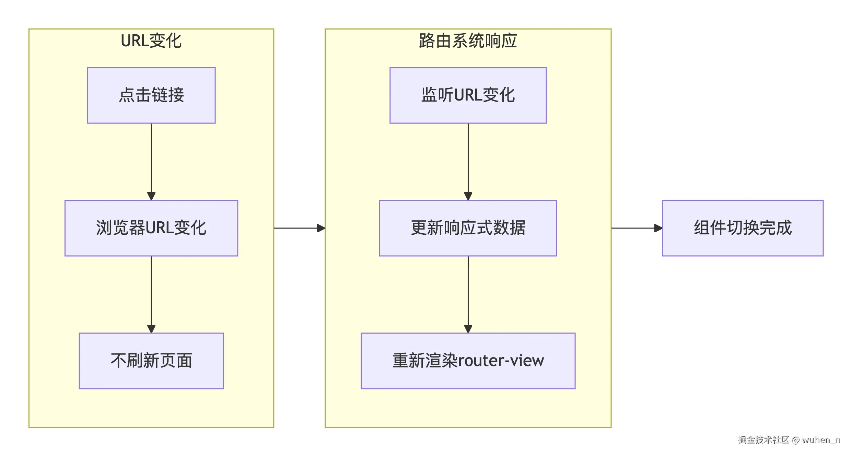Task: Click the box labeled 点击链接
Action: (151, 95)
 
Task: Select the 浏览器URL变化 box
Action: (151, 228)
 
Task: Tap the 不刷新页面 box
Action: (151, 361)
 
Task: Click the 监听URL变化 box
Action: (468, 95)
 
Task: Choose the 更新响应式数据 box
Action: (468, 228)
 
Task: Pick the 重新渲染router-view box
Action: (468, 361)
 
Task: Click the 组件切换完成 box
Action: (743, 228)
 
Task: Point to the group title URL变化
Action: (151, 41)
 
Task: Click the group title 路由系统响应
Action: (468, 41)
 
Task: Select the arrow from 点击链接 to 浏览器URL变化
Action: (151, 161)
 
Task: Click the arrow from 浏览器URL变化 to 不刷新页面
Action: (151, 294)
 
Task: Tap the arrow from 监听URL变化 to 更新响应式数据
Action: (468, 161)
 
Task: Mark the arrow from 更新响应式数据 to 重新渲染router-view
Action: (468, 294)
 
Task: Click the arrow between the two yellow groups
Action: (299, 228)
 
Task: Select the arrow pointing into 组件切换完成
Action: (637, 228)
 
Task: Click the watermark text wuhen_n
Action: (821, 440)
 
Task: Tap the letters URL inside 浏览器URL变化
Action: (160, 228)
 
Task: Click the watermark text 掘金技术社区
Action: (763, 440)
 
